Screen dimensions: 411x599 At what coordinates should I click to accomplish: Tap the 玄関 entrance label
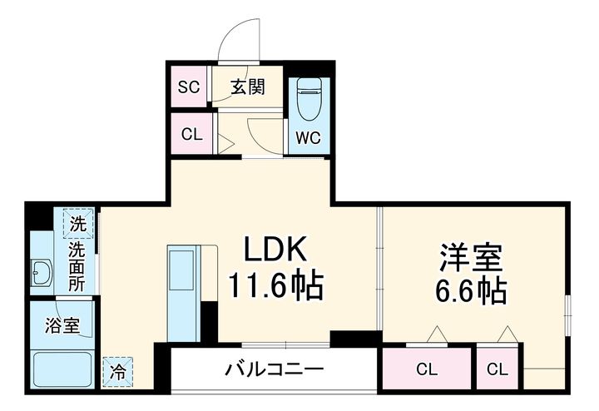[x=247, y=86]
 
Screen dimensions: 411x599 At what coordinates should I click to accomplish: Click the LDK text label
[x=275, y=249]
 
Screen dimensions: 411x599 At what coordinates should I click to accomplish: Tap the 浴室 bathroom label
[x=62, y=325]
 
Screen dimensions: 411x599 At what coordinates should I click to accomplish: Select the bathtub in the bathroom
[x=62, y=369]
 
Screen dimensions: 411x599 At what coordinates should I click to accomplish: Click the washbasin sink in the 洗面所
[x=42, y=271]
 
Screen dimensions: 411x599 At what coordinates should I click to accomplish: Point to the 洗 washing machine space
[x=77, y=223]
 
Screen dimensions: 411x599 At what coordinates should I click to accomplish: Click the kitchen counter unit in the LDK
[x=181, y=291]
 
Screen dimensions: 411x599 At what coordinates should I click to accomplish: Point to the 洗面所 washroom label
[x=77, y=265]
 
